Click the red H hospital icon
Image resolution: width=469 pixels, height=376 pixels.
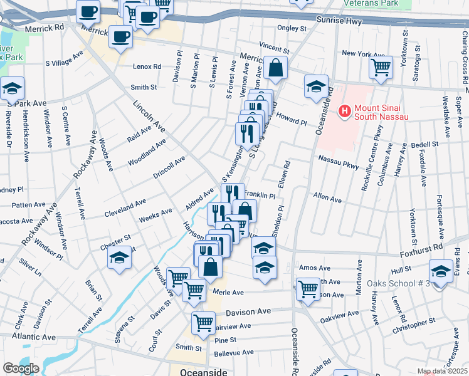click(x=344, y=112)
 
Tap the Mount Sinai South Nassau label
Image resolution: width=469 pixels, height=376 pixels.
click(x=382, y=112)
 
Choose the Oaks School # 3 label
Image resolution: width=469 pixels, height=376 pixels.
click(x=401, y=283)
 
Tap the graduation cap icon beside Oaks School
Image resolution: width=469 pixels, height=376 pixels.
click(x=441, y=271)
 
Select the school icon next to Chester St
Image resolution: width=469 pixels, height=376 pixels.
click(x=119, y=258)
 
